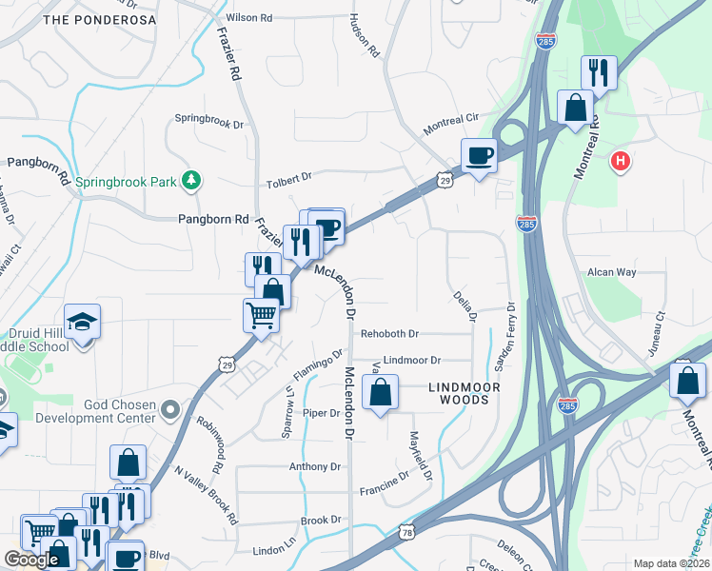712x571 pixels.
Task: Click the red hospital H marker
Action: click(621, 162)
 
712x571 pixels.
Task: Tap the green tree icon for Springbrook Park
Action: click(191, 179)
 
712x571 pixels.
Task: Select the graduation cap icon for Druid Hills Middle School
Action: click(83, 322)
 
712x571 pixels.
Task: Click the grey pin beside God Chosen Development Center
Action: click(170, 410)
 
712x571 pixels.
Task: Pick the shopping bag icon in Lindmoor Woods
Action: click(380, 392)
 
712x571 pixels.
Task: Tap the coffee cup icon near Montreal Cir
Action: click(479, 154)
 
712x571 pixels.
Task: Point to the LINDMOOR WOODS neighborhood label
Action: click(458, 393)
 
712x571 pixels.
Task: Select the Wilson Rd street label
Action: click(248, 18)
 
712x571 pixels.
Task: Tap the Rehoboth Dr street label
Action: click(389, 334)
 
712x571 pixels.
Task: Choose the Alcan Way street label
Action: click(611, 272)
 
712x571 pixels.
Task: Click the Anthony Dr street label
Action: click(315, 466)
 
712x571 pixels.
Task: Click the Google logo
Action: click(31, 560)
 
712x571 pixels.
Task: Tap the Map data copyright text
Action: click(670, 563)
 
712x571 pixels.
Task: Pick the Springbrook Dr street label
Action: click(208, 120)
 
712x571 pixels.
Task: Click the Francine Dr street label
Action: click(385, 489)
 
